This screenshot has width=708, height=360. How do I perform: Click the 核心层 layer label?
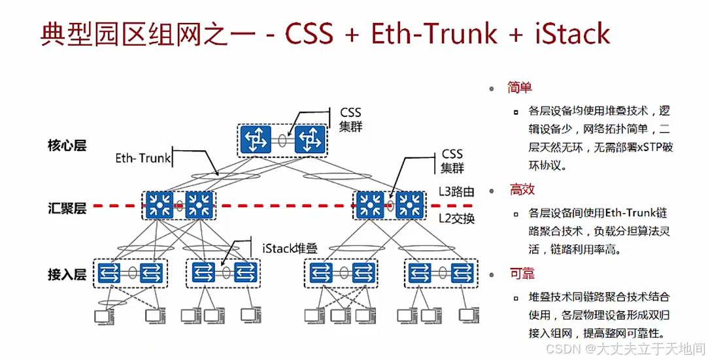pyautogui.click(x=67, y=144)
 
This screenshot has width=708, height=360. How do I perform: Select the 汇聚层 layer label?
pyautogui.click(x=67, y=208)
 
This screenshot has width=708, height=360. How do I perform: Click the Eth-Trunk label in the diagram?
pyautogui.click(x=143, y=158)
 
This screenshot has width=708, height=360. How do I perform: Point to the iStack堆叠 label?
pyautogui.click(x=290, y=248)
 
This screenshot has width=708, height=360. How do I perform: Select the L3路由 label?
pyautogui.click(x=456, y=192)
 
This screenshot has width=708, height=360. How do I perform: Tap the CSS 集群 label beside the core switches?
pyautogui.click(x=350, y=119)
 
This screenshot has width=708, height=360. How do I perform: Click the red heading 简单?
pyautogui.click(x=520, y=88)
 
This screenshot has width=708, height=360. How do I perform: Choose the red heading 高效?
pyautogui.click(x=522, y=189)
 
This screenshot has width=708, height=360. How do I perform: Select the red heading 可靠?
pyautogui.click(x=522, y=273)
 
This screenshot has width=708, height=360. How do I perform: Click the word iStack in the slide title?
pyautogui.click(x=569, y=35)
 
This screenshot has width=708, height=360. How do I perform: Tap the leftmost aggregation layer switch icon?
pyautogui.click(x=158, y=205)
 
